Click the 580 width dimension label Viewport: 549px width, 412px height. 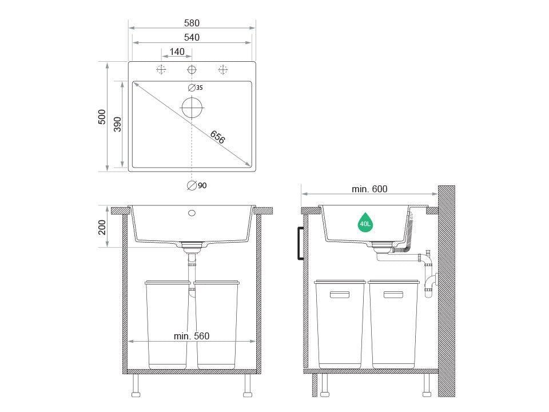pyautogui.click(x=192, y=23)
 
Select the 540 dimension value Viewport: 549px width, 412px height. pyautogui.click(x=192, y=38)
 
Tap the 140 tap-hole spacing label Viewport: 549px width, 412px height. pyautogui.click(x=177, y=52)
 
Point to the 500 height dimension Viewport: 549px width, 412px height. pyautogui.click(x=102, y=117)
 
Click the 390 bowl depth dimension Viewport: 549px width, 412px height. pyautogui.click(x=117, y=124)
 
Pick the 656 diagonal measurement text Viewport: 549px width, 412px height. pyautogui.click(x=217, y=137)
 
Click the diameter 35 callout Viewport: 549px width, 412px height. pyautogui.click(x=196, y=88)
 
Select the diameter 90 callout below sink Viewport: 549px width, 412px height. pyautogui.click(x=197, y=185)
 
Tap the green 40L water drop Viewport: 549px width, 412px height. pyautogui.click(x=365, y=222)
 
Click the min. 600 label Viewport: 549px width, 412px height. pyautogui.click(x=369, y=189)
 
